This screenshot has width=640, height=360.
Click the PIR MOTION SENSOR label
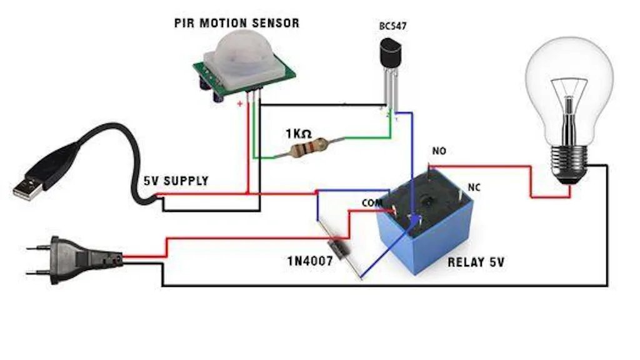[236, 24]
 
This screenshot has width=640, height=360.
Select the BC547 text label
[391, 27]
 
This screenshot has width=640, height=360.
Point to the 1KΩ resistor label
[298, 134]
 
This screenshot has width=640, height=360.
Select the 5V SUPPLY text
[176, 181]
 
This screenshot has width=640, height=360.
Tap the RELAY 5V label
[476, 262]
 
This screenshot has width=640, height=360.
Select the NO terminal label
[439, 151]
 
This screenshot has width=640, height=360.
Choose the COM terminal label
[371, 203]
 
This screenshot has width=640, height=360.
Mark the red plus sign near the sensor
[239, 104]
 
